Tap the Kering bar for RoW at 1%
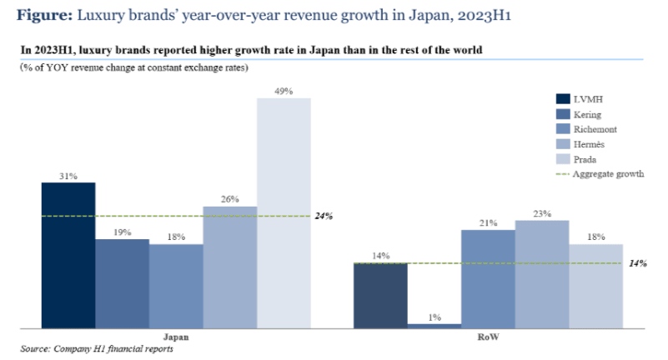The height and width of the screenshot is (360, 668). click(434, 326)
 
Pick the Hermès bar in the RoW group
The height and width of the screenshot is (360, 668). click(542, 274)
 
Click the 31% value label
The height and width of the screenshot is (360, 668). click(68, 176)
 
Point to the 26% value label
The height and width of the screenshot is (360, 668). click(230, 199)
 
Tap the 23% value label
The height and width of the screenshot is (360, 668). click(542, 213)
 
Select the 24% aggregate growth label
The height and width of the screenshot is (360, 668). click(324, 217)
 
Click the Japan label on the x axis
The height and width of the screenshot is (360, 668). click(176, 337)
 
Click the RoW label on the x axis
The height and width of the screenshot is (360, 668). click(489, 337)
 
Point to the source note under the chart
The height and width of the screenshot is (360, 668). click(97, 349)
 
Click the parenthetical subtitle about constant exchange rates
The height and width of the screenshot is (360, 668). click(133, 67)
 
